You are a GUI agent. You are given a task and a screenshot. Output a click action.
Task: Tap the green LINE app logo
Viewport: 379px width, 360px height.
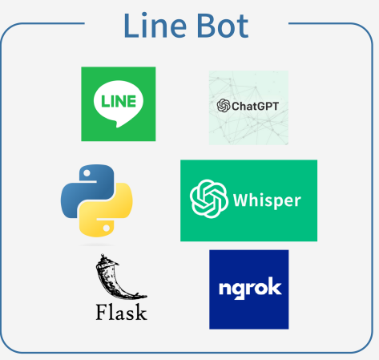tap(119, 104)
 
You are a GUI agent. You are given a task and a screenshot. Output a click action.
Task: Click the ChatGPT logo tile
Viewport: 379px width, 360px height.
tap(248, 107)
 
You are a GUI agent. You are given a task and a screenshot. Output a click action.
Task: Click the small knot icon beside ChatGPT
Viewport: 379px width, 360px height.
tap(224, 105)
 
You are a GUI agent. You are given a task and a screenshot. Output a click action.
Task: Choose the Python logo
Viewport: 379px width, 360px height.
tap(96, 200)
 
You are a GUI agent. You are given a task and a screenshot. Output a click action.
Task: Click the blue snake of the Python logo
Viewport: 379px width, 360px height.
tap(84, 186)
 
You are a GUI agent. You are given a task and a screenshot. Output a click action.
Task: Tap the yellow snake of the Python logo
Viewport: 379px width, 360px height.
tap(109, 215)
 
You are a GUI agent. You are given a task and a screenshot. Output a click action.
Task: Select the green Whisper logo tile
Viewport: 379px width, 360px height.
tap(248, 200)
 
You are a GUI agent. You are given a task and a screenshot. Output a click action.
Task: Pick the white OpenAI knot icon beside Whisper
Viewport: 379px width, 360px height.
tap(208, 200)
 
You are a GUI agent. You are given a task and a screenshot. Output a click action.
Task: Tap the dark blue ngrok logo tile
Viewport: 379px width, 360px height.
tap(248, 289)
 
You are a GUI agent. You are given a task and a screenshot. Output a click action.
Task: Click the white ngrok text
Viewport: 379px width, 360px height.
tap(248, 288)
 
